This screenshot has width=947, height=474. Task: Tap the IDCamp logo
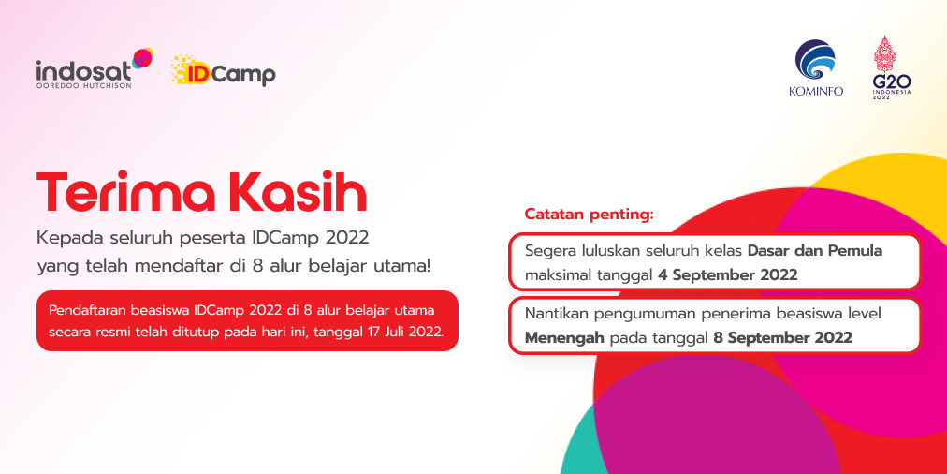pos(223,71)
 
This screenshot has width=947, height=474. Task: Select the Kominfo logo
pos(816,67)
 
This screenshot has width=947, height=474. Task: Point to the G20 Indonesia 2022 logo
pos(892,67)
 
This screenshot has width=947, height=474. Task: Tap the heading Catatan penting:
pos(590,215)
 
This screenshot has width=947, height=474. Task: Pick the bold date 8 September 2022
pos(782,337)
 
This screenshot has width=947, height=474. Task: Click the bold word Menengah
pos(564,338)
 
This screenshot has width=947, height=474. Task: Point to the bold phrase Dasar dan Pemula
pos(815,250)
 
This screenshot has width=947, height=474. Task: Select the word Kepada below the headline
pos(71,238)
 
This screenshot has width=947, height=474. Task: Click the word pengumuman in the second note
pos(634,315)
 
